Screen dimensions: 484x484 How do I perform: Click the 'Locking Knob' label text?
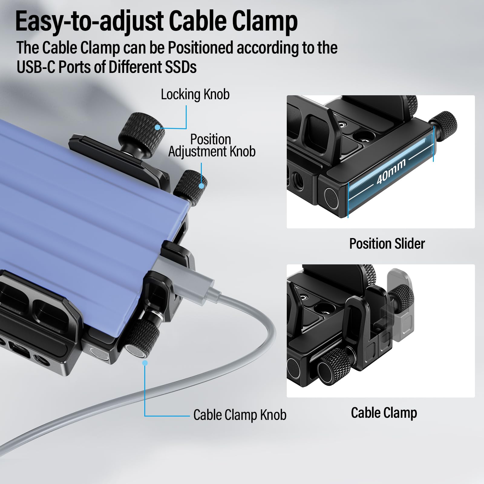[195, 95]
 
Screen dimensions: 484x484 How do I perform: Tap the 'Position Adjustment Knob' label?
[212, 146]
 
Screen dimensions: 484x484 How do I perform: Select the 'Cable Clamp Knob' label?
[240, 415]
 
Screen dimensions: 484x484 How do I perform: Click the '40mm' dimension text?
[391, 172]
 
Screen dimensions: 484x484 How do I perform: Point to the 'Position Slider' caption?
[387, 244]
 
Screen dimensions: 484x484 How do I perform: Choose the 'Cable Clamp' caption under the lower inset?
[384, 413]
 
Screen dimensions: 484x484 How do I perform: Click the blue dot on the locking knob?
[158, 127]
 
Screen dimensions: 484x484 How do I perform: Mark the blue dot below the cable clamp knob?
[145, 363]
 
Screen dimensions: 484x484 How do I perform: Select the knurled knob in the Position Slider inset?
[445, 123]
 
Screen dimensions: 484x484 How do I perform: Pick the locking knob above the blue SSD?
[141, 133]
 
